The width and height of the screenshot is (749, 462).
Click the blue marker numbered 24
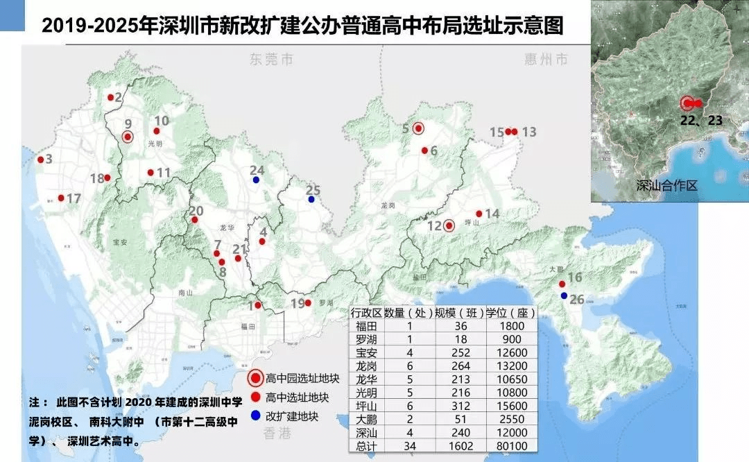[x=256, y=180]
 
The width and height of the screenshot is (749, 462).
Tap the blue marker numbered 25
[x=311, y=200]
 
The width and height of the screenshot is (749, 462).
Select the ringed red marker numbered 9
[x=128, y=137]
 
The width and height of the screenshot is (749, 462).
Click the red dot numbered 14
[x=479, y=214]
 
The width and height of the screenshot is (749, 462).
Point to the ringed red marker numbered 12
[x=449, y=225]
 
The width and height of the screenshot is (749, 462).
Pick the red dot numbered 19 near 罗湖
[x=308, y=302]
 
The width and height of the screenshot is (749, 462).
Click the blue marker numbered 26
[x=564, y=296]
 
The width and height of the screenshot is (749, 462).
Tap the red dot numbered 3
[x=40, y=160]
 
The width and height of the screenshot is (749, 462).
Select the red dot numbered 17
[x=61, y=198]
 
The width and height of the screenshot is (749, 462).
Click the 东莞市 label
[x=272, y=60]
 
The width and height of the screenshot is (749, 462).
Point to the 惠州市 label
[x=546, y=60]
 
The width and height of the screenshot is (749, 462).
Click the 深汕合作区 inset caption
[x=666, y=186]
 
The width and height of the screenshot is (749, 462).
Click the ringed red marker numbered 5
[x=418, y=128]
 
